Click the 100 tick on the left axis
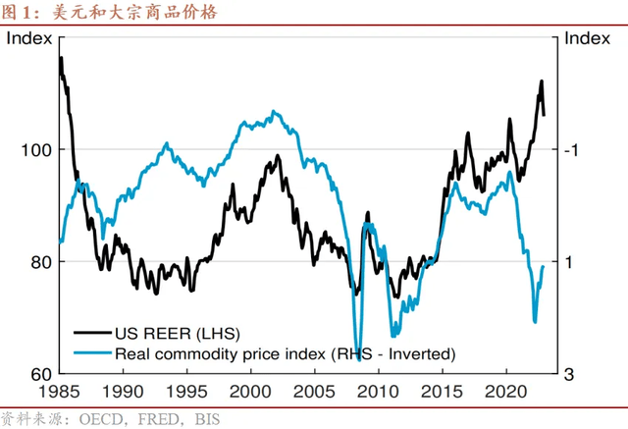coord(35,150)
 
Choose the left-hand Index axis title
coord(28,39)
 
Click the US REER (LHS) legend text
coord(178,333)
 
